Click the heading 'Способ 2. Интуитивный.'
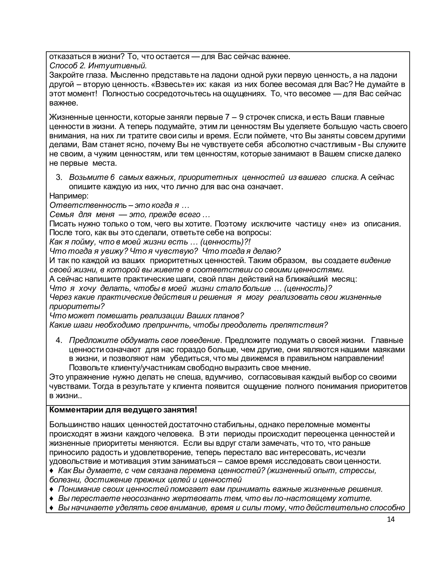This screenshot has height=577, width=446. [x=98, y=66]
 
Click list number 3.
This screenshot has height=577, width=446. [x=59, y=177]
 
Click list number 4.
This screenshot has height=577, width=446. [x=59, y=340]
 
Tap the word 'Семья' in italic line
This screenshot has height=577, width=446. [x=62, y=214]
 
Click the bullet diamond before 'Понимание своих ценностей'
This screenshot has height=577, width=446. [x=52, y=489]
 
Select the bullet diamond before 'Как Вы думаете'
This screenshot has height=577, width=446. [x=52, y=471]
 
